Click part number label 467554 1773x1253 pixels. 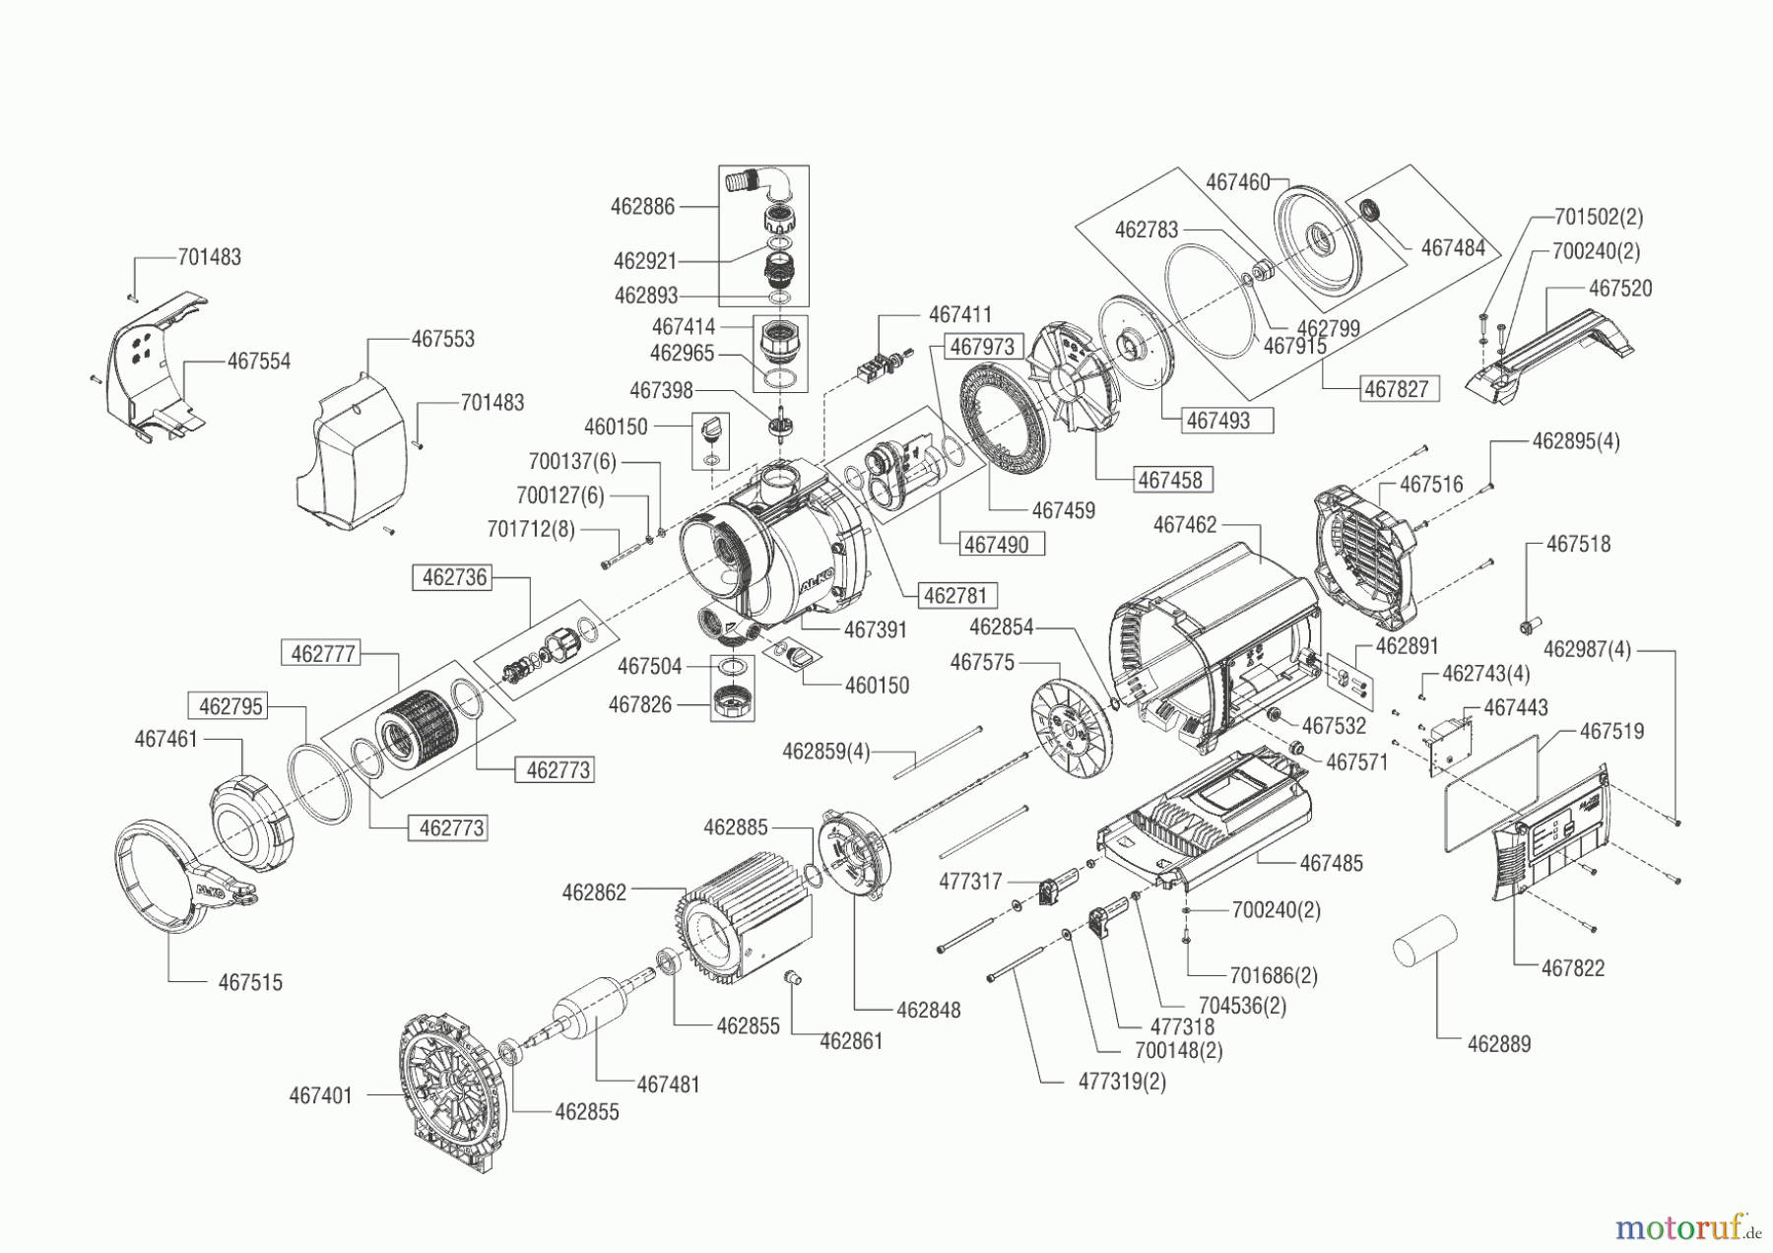click(258, 362)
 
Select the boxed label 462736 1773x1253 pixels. click(454, 577)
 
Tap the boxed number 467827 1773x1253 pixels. click(1396, 389)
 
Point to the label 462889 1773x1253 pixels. click(1498, 1044)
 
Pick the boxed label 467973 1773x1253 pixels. click(981, 347)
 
